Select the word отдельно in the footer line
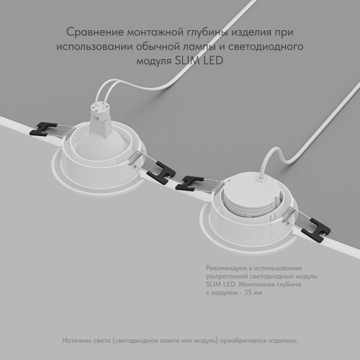pyautogui.click(x=280, y=340)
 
